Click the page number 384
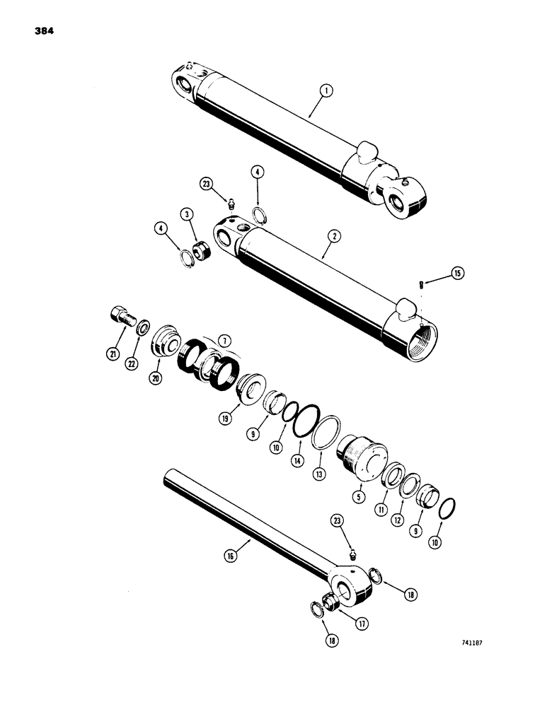coord(44,32)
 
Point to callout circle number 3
coord(186,214)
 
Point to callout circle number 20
coord(156,378)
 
